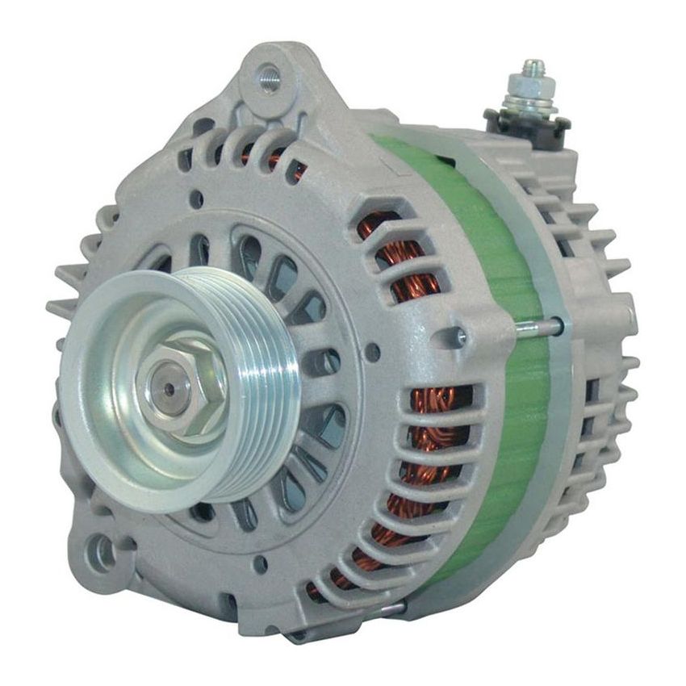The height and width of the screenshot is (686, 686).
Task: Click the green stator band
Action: pos(500,323)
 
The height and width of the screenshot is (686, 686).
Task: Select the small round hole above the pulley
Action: pos(196,196)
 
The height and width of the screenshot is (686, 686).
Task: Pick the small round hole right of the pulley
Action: pos(372,352)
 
